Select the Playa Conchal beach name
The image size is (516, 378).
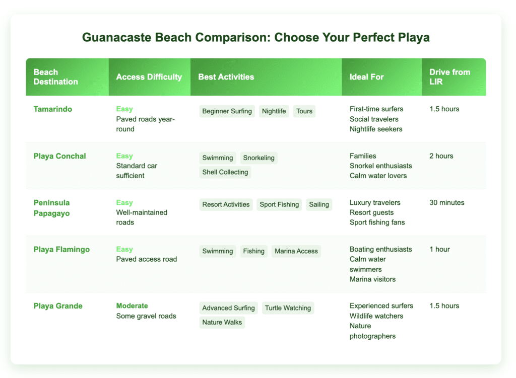click(59, 156)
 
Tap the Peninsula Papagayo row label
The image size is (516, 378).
click(51, 207)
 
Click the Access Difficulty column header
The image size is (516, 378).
click(149, 77)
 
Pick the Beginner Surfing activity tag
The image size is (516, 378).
click(227, 111)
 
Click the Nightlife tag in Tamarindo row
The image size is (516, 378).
click(274, 111)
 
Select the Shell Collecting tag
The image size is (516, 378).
click(225, 172)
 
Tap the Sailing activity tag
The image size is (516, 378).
click(319, 204)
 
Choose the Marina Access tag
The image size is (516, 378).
click(296, 251)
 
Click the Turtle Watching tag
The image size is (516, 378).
click(288, 308)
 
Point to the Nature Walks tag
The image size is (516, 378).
click(222, 322)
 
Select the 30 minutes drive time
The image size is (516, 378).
click(446, 203)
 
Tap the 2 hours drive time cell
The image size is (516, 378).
click(441, 156)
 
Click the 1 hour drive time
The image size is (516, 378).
click(439, 250)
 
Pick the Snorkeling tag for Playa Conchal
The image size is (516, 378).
click(259, 158)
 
